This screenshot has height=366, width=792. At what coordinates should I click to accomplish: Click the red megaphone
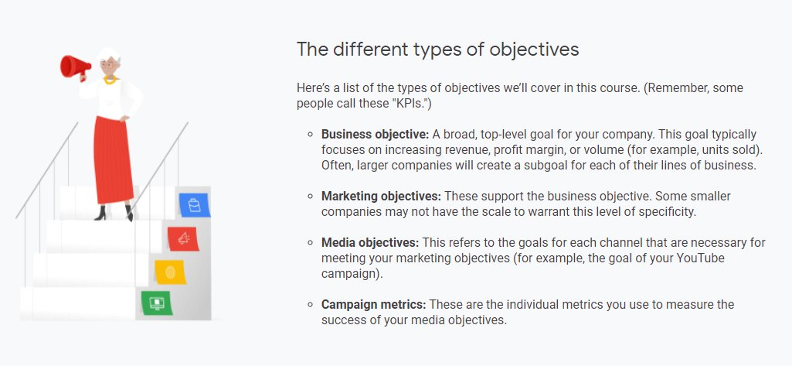(x=76, y=67)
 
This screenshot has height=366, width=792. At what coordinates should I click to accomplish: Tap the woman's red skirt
(x=114, y=159)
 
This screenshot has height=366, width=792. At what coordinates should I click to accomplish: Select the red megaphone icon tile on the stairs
(x=182, y=239)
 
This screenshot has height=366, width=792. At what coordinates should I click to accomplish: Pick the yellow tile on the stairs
(x=169, y=272)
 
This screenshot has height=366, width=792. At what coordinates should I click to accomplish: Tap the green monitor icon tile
(x=156, y=303)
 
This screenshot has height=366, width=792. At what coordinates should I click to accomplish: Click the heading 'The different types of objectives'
(x=437, y=49)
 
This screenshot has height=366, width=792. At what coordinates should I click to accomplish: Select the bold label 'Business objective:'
(x=375, y=134)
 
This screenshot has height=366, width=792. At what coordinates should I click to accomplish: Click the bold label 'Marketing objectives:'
(x=381, y=196)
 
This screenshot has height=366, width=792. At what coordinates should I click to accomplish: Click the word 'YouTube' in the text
(x=701, y=258)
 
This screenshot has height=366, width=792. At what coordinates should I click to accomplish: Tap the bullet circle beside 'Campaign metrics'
(x=311, y=304)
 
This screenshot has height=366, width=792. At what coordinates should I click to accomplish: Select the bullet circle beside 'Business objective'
(x=311, y=134)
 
